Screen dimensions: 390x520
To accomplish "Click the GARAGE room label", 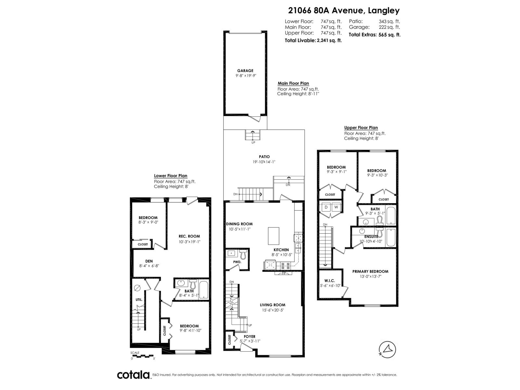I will tap(245, 71).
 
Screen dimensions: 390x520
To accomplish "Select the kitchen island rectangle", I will tap(274, 236).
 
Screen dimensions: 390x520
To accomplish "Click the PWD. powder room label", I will tap(237, 262).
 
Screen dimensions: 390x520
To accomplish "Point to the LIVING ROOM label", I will tap(272, 305).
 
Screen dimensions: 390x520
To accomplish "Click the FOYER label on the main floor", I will tap(250, 336).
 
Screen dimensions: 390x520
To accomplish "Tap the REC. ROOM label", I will tap(189, 236).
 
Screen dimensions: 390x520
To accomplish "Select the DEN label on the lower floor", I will tap(149, 261).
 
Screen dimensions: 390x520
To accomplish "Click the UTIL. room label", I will tap(139, 299).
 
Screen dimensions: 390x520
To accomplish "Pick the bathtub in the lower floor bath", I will tap(203, 290).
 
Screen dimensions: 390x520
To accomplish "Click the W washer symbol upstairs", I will tap(336, 207).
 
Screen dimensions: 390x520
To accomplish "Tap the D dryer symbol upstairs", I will tap(326, 207).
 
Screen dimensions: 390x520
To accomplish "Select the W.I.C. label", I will tap(329, 281).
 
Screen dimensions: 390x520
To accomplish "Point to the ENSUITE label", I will tap(371, 237).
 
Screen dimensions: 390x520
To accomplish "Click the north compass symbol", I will tap(387, 349).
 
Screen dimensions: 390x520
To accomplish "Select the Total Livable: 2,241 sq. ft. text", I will tap(313, 41).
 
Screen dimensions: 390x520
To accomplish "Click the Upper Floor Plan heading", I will tap(361, 128).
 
